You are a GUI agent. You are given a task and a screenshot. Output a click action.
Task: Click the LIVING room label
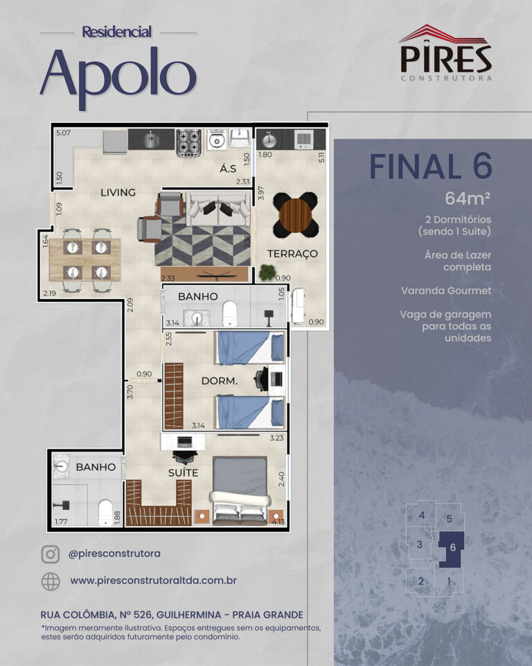(x=118, y=192)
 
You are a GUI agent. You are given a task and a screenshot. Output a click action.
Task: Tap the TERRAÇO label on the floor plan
(x=292, y=254)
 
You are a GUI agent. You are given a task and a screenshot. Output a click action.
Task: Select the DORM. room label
(x=219, y=381)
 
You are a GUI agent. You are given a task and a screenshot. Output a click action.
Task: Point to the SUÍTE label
(x=183, y=472)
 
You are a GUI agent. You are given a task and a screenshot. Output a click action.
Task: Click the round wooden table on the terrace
(x=295, y=215)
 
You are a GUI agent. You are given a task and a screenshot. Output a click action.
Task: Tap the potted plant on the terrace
(x=267, y=272)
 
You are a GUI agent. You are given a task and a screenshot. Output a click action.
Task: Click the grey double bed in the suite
(x=240, y=490)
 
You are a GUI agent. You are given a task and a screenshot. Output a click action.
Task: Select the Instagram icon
(x=50, y=554)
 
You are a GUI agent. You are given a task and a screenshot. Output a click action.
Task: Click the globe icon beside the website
(x=51, y=581)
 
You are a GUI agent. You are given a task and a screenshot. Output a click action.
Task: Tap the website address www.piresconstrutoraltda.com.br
(x=153, y=581)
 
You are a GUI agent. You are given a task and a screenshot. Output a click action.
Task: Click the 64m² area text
(x=468, y=198)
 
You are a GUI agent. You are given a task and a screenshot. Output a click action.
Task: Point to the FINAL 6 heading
(x=431, y=166)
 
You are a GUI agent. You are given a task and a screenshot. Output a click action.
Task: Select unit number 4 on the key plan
(x=422, y=515)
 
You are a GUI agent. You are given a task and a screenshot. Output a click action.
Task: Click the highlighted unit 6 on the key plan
(x=452, y=547)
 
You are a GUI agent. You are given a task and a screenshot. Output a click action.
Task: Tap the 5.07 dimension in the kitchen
(x=63, y=133)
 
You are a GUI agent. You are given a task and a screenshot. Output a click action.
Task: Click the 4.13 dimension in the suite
(x=278, y=522)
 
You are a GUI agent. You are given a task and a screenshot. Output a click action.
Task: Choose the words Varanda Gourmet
(x=446, y=291)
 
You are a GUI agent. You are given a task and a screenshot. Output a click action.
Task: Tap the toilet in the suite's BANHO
(x=105, y=513)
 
